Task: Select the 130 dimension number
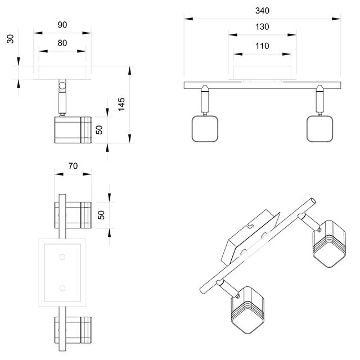click(x=262, y=26)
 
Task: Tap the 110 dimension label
click(x=262, y=46)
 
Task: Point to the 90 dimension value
click(x=62, y=24)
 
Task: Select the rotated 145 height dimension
click(x=121, y=105)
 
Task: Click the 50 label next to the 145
click(x=99, y=129)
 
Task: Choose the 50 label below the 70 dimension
click(x=102, y=214)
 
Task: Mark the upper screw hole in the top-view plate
click(x=62, y=257)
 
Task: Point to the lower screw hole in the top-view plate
click(x=62, y=289)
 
